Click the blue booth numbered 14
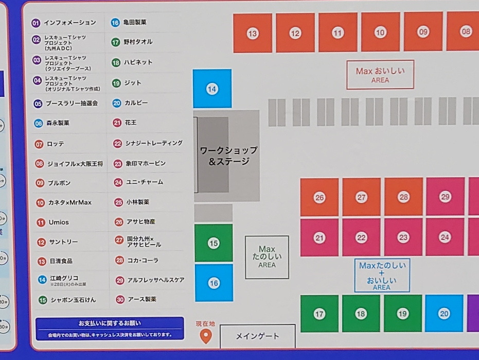tap(212, 89)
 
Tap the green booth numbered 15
tap(214, 243)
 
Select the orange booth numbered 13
tap(252, 33)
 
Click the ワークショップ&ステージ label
tap(228, 156)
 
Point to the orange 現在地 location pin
tap(205, 336)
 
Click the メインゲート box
tap(257, 336)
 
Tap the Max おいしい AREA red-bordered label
tap(380, 75)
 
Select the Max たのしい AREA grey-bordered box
tap(267, 257)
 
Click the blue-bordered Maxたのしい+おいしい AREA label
tap(382, 276)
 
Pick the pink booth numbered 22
tap(361, 237)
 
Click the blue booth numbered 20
tap(444, 314)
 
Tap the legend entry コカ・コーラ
tap(143, 261)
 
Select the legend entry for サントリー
tap(63, 242)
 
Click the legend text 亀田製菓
tap(135, 23)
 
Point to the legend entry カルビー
tap(136, 103)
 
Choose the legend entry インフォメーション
tap(69, 23)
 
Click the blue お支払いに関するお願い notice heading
tap(110, 323)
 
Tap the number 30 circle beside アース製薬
tap(119, 299)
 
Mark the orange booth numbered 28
tap(403, 197)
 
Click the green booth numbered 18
tap(361, 314)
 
